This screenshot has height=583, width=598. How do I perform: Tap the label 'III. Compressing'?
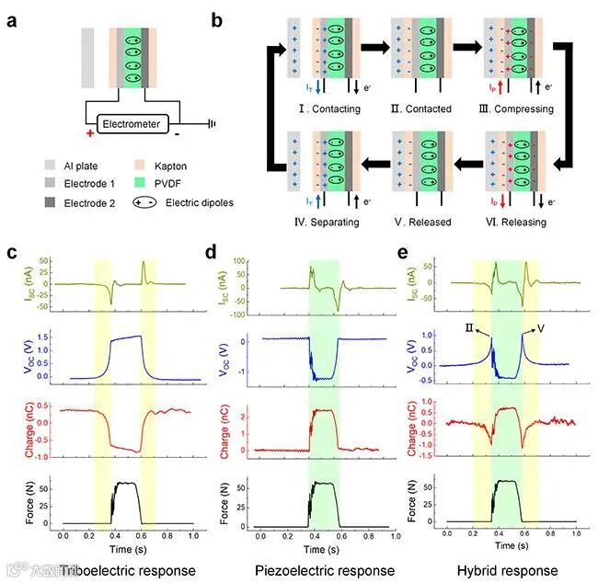[x=520, y=109]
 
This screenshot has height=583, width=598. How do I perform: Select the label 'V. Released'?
[x=424, y=222]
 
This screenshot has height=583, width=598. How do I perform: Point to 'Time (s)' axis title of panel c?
[x=128, y=547]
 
